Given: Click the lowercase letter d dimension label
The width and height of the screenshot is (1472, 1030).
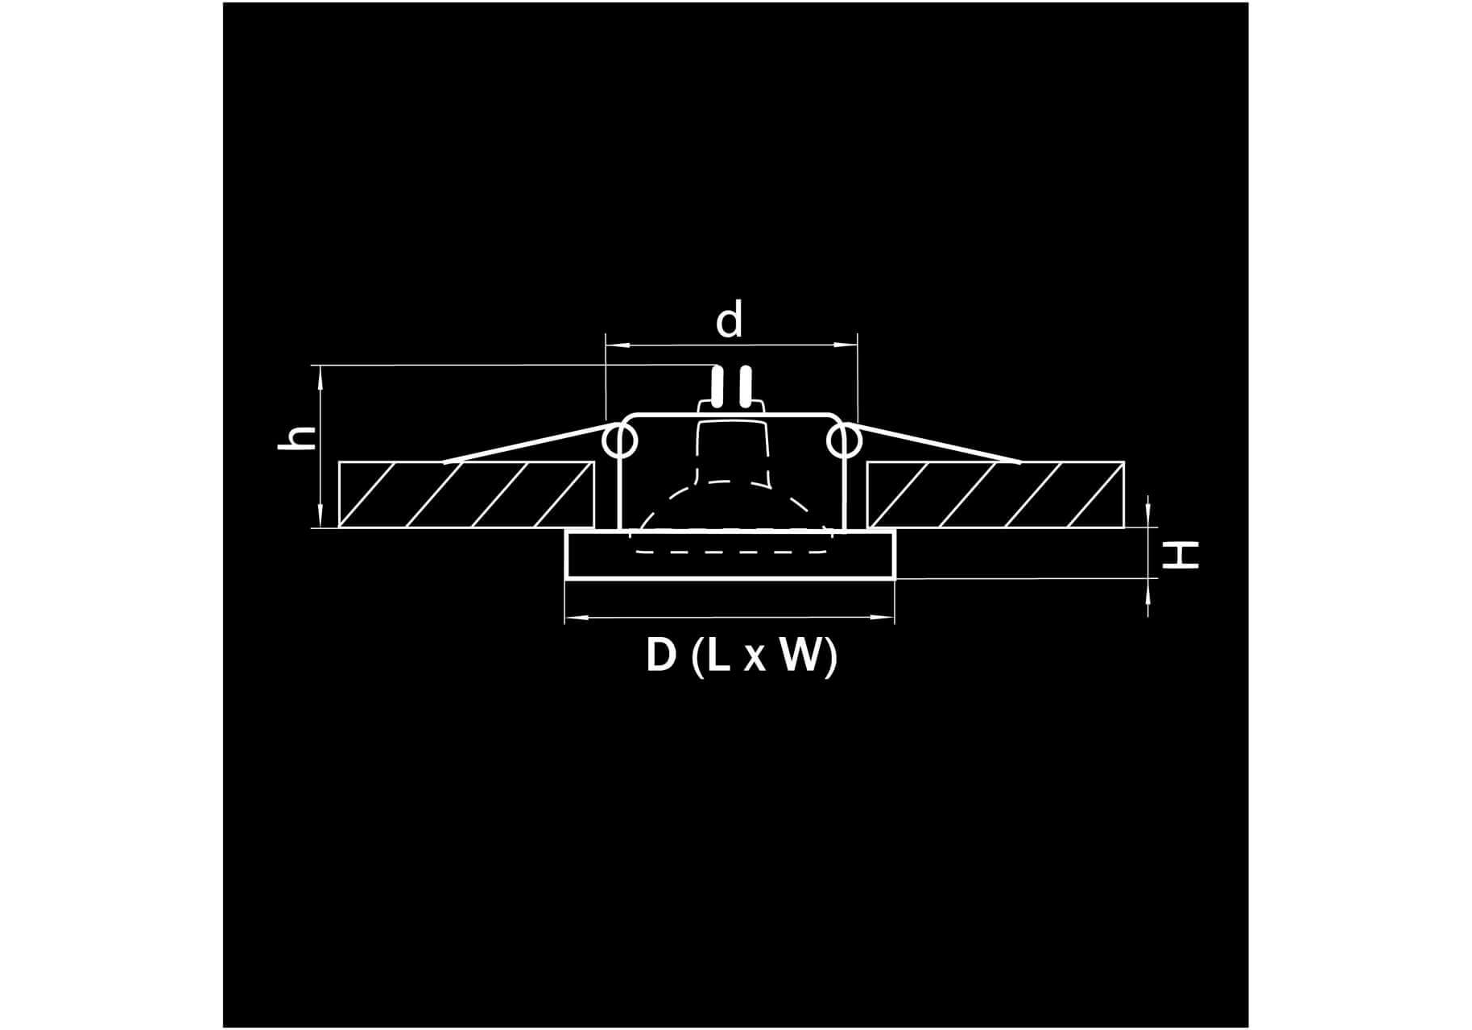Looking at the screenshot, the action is [x=729, y=321].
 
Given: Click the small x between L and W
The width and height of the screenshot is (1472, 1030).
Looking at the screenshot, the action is [x=754, y=660].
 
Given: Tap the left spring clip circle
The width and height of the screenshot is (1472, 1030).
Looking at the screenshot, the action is [x=621, y=441].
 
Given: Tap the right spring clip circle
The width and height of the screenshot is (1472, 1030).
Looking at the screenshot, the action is [x=843, y=441].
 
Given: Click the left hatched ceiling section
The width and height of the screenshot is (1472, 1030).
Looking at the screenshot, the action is [x=466, y=494].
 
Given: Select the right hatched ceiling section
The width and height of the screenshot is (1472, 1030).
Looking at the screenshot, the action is [x=995, y=494].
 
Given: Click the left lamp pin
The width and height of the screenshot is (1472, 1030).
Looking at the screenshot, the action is [x=716, y=387].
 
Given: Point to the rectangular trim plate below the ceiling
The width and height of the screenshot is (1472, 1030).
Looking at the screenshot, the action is [x=730, y=555].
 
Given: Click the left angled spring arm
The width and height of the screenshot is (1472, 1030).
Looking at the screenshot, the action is [x=524, y=442].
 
